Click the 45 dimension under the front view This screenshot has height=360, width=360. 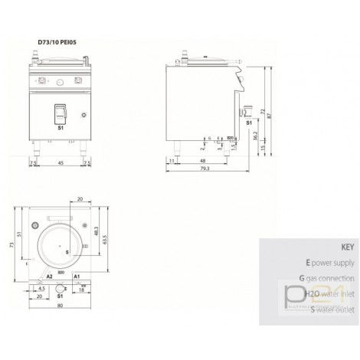pos(61,163)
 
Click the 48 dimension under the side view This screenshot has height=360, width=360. pos(201,160)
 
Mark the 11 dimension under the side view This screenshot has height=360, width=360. pos(173,160)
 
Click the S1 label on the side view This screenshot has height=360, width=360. pos(247,121)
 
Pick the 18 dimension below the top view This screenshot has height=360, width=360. pos(81,290)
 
